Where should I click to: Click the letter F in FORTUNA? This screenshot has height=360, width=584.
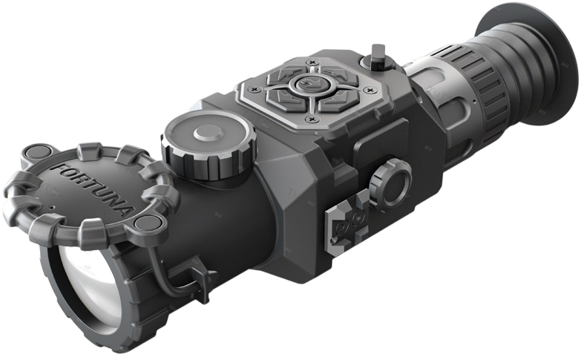click(x=59, y=169)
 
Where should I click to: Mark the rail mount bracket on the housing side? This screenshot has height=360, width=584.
click(x=347, y=223)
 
